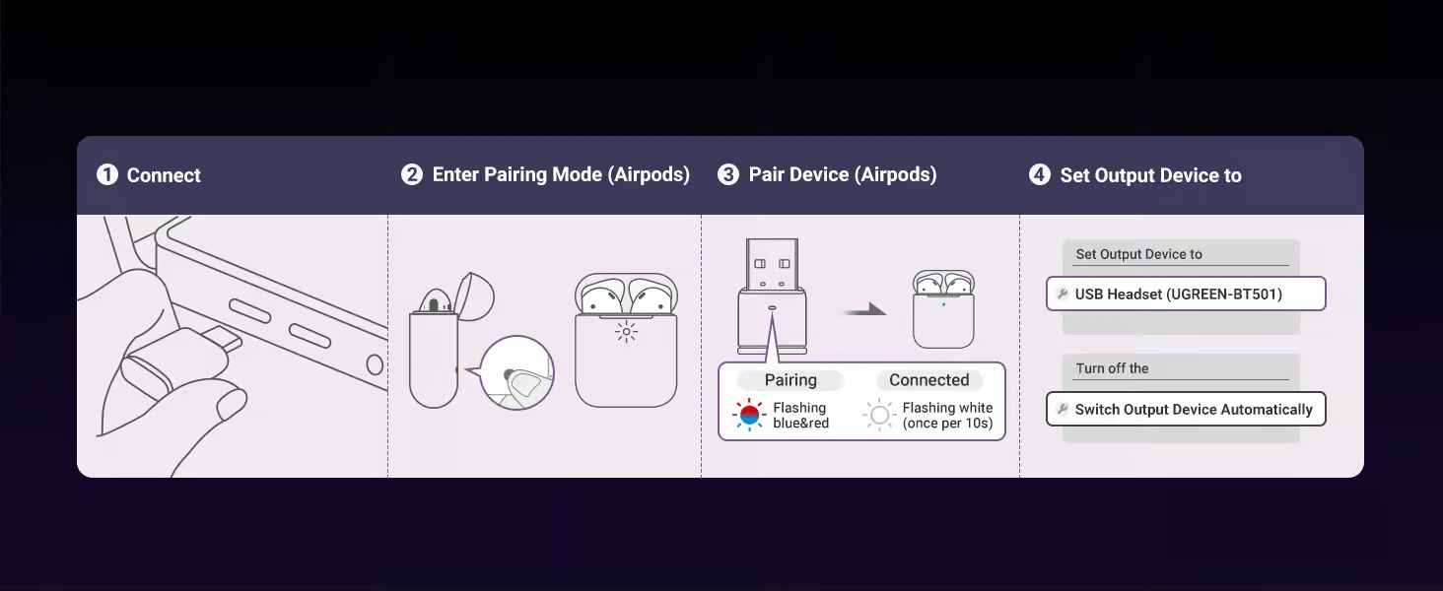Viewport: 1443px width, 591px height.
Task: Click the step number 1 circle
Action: pyautogui.click(x=106, y=174)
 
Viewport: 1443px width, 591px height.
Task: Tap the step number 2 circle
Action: pyautogui.click(x=412, y=173)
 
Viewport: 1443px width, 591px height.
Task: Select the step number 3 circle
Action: pyautogui.click(x=728, y=173)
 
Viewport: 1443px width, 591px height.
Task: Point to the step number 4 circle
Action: pyautogui.click(x=1039, y=173)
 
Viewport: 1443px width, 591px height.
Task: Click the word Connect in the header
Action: pyautogui.click(x=164, y=175)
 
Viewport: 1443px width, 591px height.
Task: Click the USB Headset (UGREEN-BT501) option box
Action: pyautogui.click(x=1186, y=294)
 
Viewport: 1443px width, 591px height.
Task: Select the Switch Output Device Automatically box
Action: pyautogui.click(x=1186, y=409)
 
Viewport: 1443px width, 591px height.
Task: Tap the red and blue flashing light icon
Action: pyautogui.click(x=749, y=415)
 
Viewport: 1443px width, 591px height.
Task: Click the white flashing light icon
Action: pyautogui.click(x=879, y=415)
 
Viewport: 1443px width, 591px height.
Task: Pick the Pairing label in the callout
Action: pyautogui.click(x=790, y=380)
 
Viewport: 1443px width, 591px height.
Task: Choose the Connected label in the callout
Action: pyautogui.click(x=928, y=380)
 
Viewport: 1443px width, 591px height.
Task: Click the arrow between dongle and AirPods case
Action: pyautogui.click(x=865, y=310)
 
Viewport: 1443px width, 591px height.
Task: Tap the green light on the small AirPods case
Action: pyautogui.click(x=943, y=303)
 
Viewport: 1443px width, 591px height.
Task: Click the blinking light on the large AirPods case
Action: pyautogui.click(x=626, y=332)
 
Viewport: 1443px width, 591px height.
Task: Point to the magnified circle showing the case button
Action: pyautogui.click(x=516, y=372)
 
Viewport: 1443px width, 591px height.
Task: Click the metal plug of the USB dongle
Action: pyautogui.click(x=772, y=264)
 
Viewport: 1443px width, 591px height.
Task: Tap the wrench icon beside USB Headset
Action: pyautogui.click(x=1063, y=294)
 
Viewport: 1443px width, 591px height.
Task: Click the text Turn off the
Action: pyautogui.click(x=1112, y=368)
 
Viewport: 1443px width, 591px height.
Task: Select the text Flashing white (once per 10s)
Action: pyautogui.click(x=947, y=416)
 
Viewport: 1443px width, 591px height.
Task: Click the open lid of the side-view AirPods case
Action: pyautogui.click(x=475, y=295)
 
